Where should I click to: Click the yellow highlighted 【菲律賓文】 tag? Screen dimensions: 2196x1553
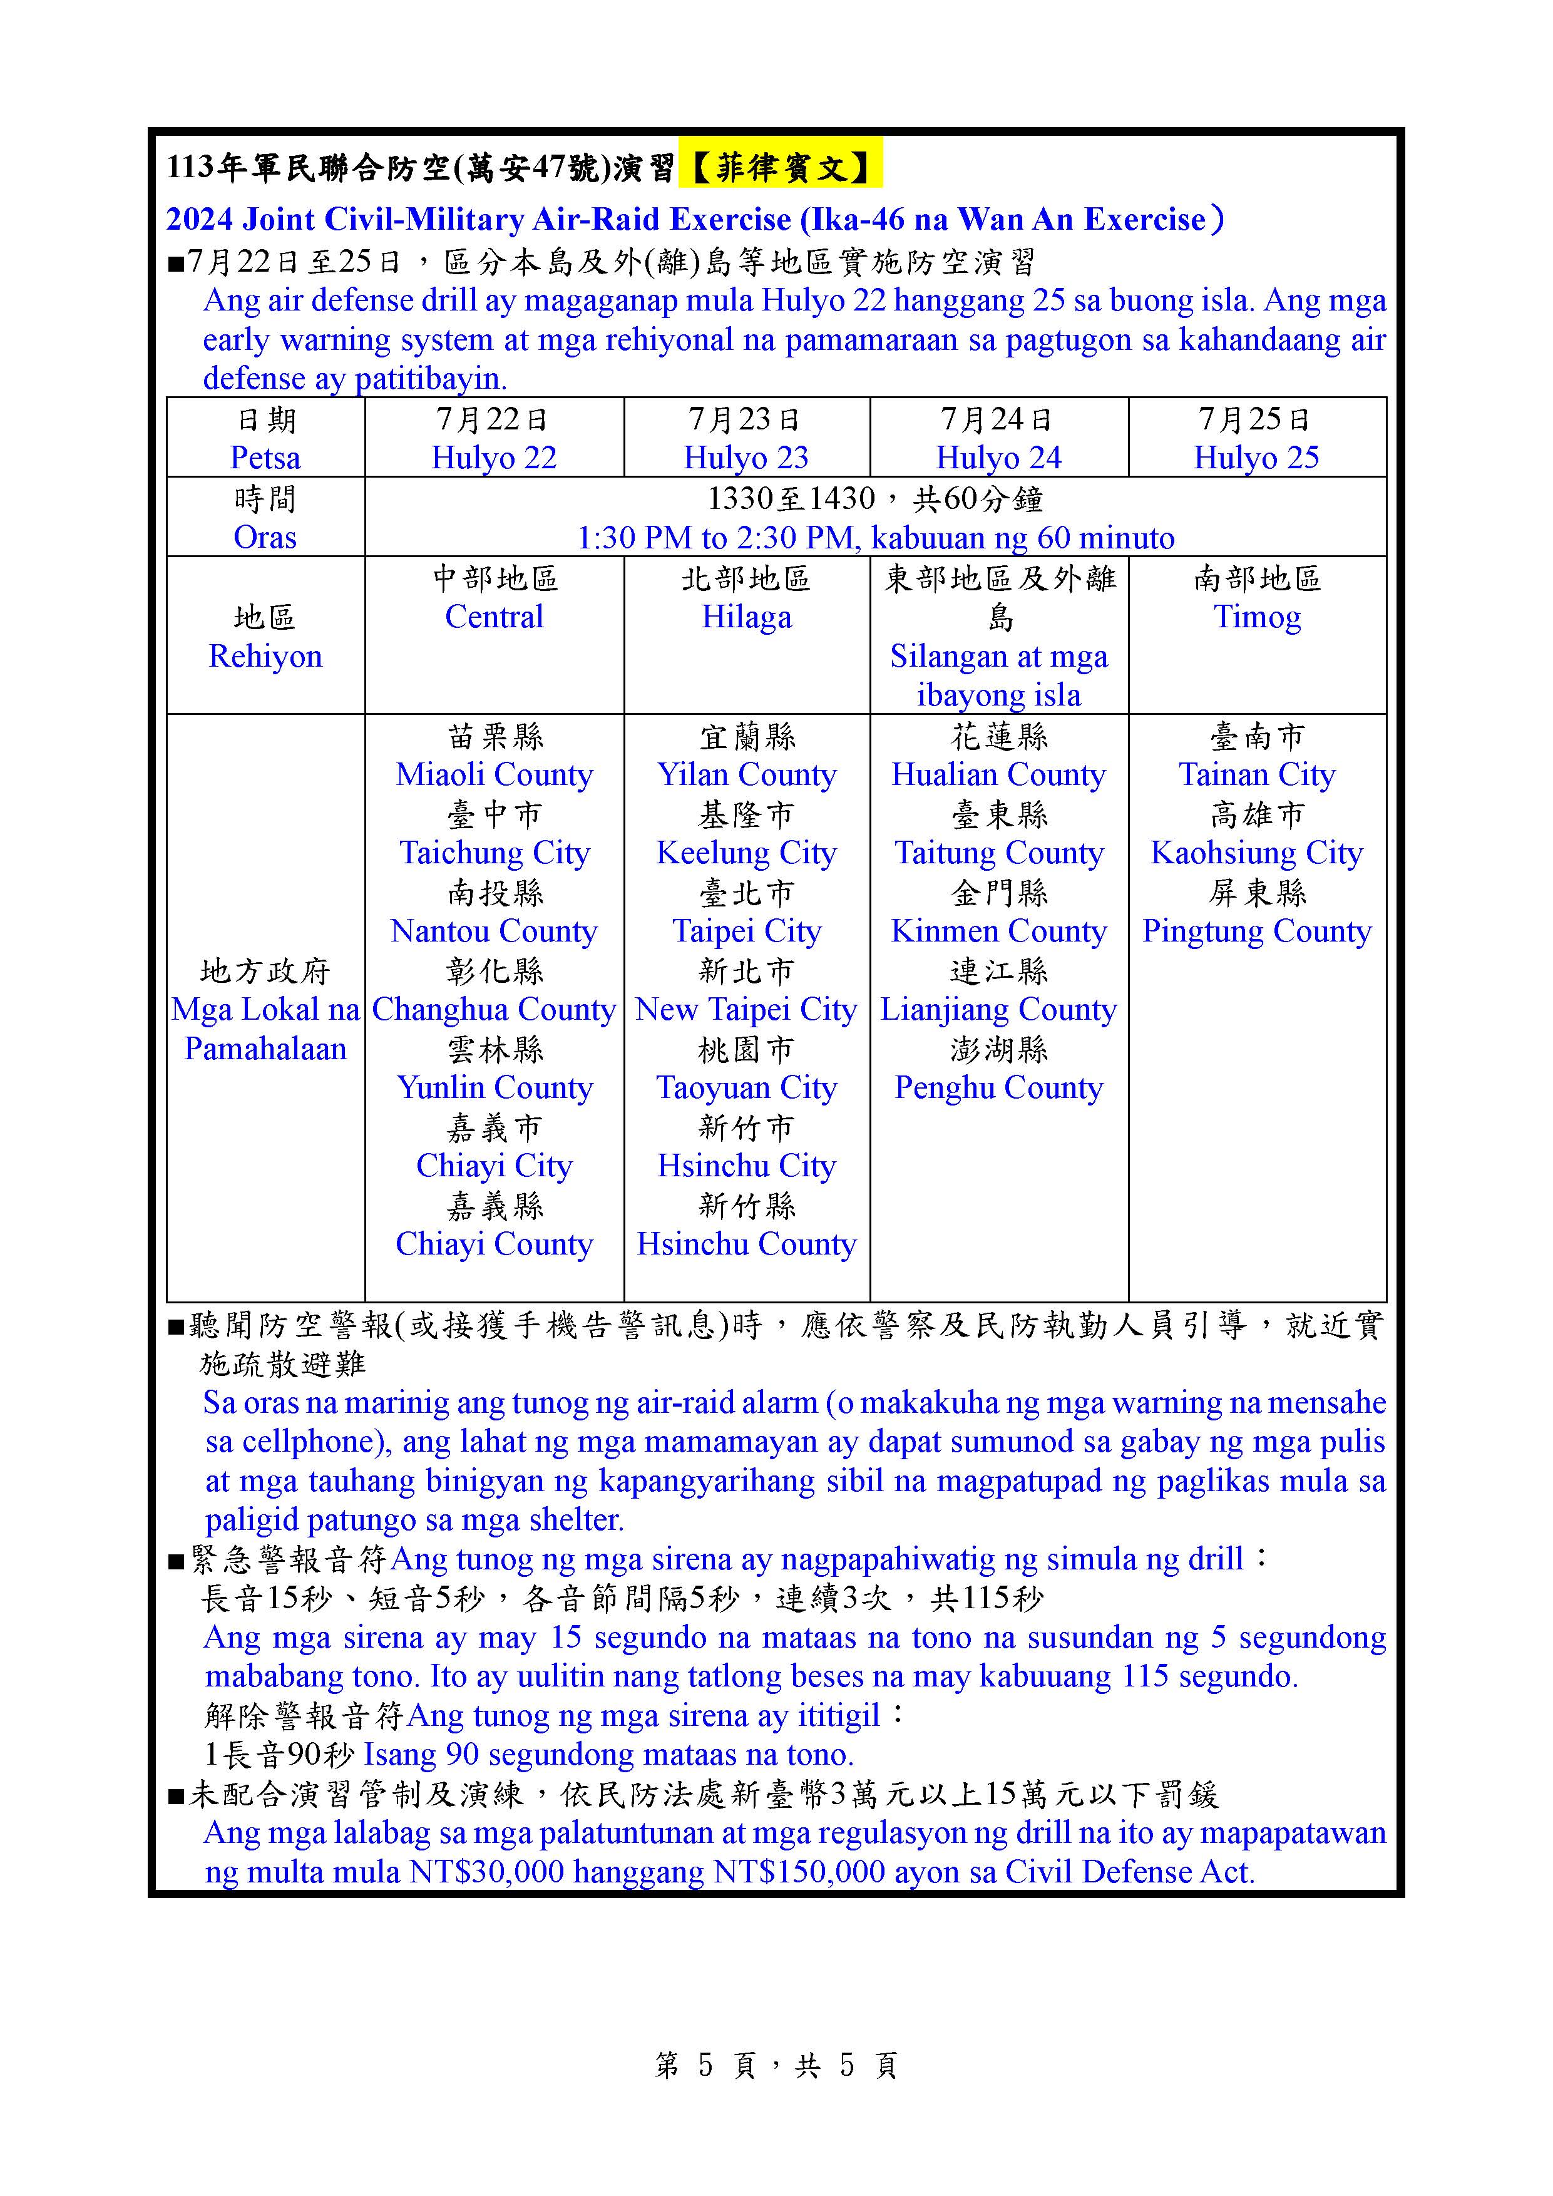(x=779, y=168)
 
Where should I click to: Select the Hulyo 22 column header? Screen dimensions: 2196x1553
(x=493, y=457)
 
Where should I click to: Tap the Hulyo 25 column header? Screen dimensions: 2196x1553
(x=1256, y=457)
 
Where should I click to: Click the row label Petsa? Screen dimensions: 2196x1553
(x=265, y=457)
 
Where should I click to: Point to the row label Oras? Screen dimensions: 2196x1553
(x=265, y=536)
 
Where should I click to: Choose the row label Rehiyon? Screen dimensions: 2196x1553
(x=265, y=656)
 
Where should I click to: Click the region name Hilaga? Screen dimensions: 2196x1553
(x=746, y=617)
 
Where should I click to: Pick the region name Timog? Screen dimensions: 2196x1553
(x=1256, y=617)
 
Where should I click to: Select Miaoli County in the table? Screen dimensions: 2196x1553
(x=493, y=774)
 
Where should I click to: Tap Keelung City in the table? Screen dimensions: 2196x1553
(x=746, y=852)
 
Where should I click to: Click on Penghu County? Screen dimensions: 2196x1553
(x=998, y=1087)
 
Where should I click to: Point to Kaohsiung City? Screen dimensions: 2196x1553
(x=1256, y=852)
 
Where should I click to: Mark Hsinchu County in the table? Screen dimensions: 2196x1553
(x=746, y=1243)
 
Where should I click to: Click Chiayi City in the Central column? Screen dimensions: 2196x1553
(x=493, y=1165)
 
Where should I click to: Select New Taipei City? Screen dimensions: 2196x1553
(x=746, y=1009)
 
